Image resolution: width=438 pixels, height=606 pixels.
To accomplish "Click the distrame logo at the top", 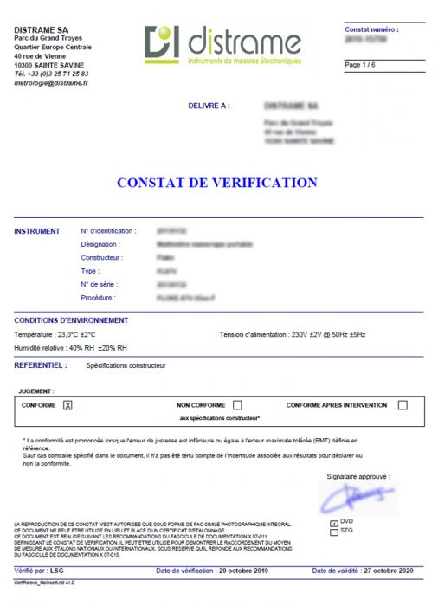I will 223,46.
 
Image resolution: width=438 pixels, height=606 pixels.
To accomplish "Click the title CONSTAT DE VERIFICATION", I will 217,183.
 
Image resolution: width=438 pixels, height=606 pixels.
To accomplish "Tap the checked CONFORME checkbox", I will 68,405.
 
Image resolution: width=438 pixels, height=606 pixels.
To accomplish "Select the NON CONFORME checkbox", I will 237,405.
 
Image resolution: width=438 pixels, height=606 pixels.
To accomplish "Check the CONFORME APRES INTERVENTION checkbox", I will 403,405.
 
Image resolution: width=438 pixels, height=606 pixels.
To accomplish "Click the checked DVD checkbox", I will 334,524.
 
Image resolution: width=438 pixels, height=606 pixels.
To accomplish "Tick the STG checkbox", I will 334,533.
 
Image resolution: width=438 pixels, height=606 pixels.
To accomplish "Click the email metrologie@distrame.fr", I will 51,83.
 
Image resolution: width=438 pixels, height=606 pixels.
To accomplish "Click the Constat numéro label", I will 372,29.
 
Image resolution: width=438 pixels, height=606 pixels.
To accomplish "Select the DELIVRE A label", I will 209,106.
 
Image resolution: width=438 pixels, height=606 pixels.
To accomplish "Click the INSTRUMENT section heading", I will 37,231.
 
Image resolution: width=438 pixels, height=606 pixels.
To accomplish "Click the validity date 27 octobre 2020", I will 389,571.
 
